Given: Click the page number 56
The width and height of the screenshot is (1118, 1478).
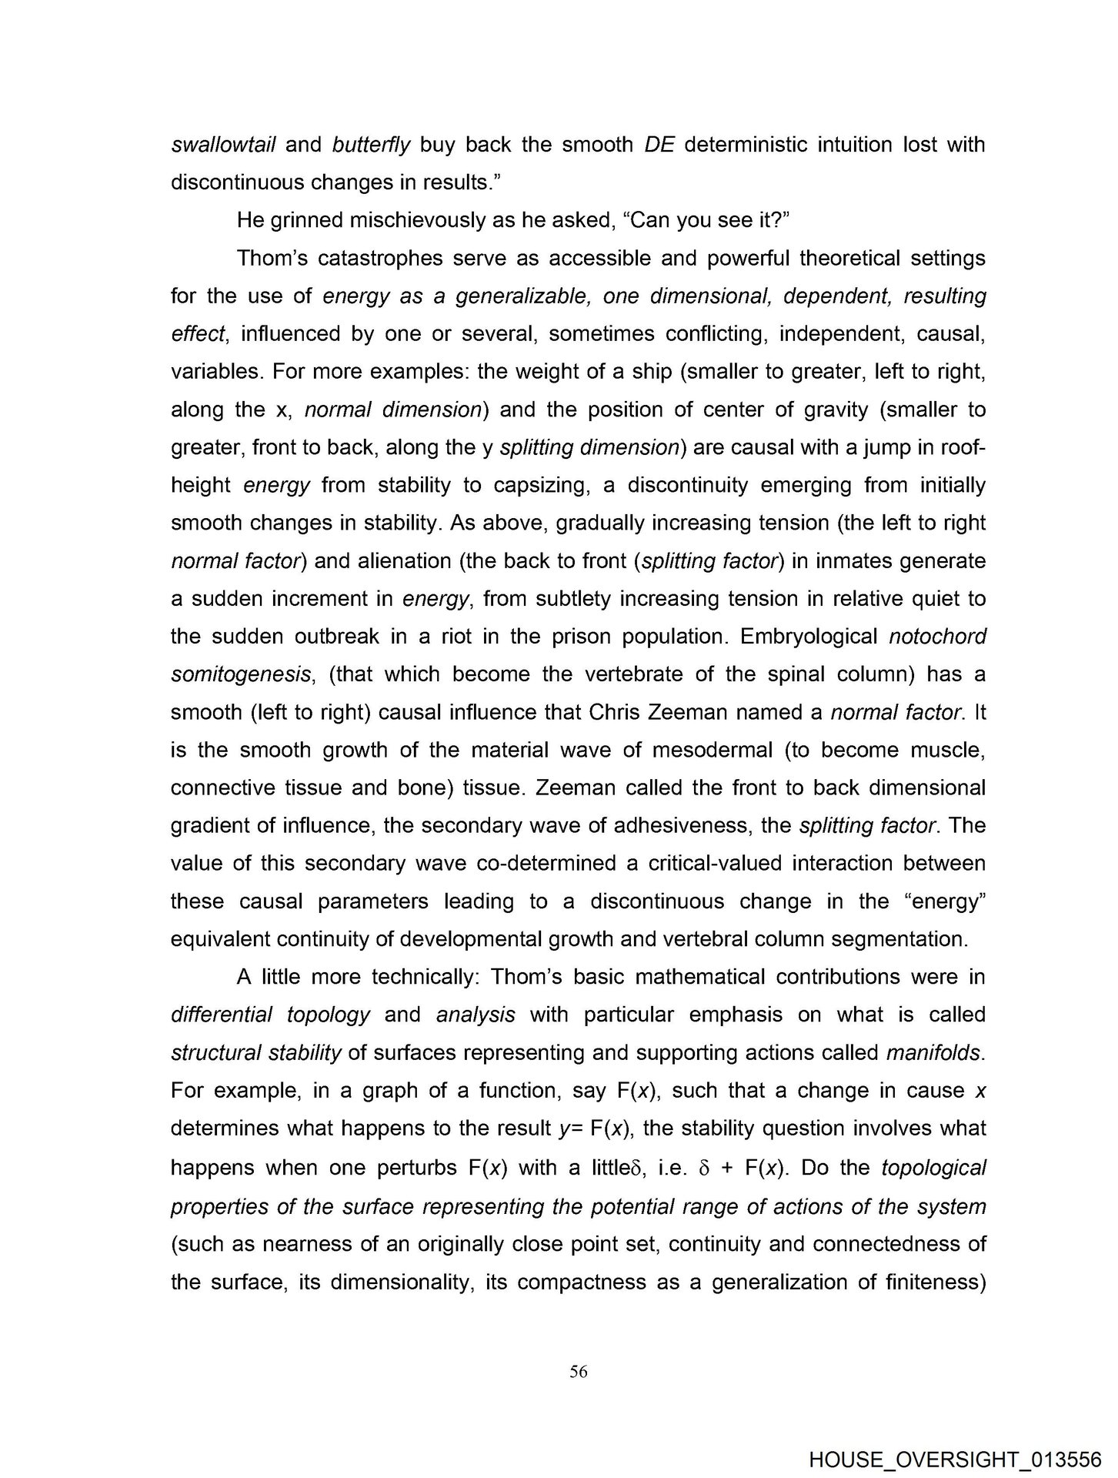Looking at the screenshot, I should (x=579, y=1371).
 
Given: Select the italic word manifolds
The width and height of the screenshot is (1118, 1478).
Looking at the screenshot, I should (x=934, y=1052).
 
